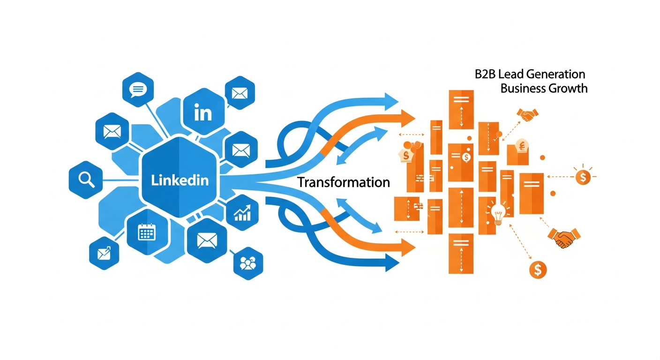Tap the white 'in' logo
coord(202,113)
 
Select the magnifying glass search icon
coord(85,180)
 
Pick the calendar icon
coord(146,232)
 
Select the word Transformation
coord(343,182)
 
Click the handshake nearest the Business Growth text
coord(527,115)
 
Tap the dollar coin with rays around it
coord(583,177)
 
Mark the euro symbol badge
coord(520,147)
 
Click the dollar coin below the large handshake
coord(537,269)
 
